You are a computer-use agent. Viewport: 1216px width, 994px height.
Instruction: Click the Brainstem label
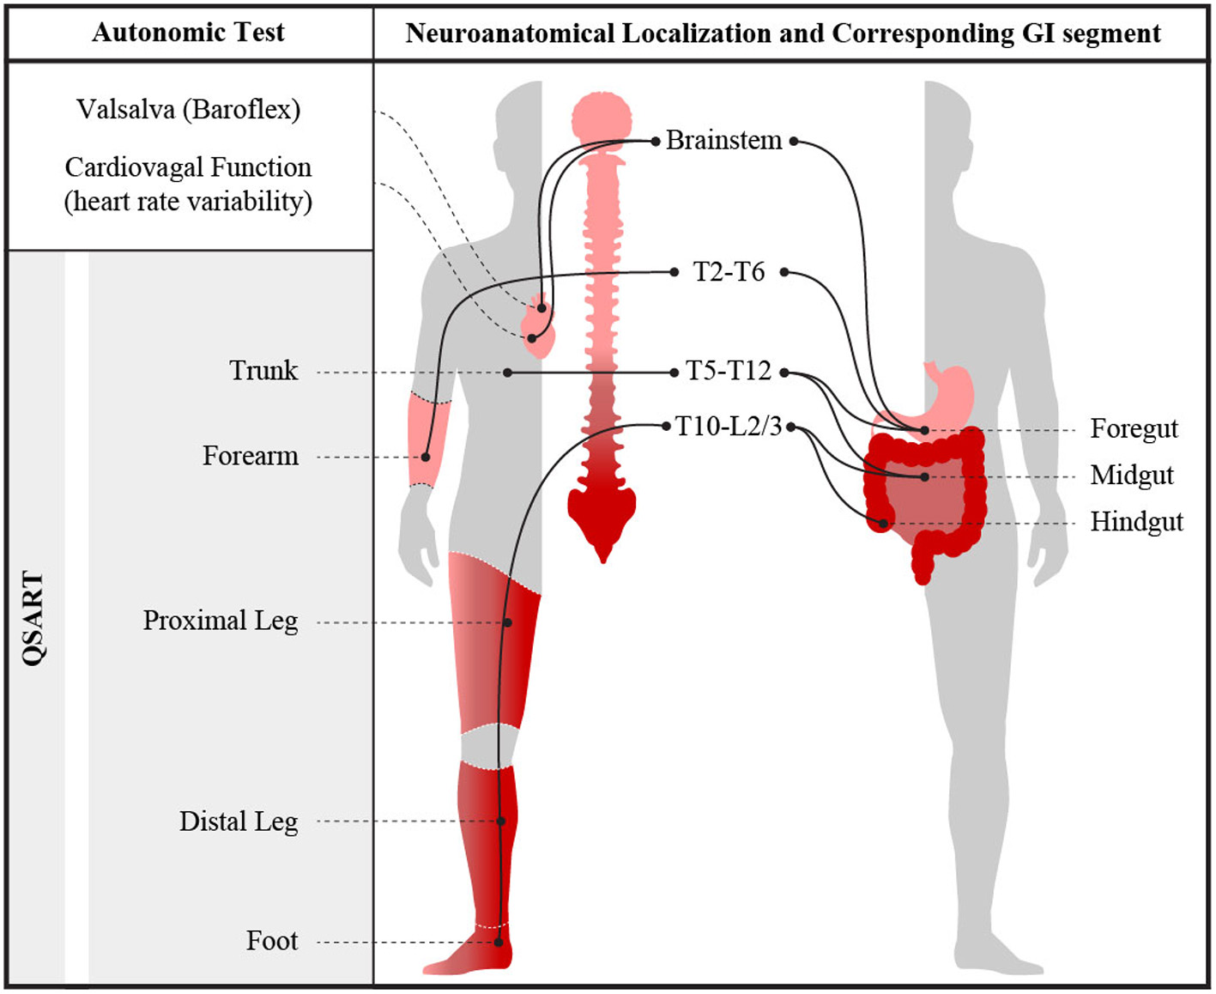pyautogui.click(x=723, y=140)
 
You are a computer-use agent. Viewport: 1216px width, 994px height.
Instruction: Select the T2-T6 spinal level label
pyautogui.click(x=729, y=272)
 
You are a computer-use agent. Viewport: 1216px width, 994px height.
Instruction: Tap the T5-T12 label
pyautogui.click(x=729, y=371)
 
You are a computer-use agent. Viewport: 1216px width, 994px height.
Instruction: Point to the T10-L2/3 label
pyautogui.click(x=729, y=426)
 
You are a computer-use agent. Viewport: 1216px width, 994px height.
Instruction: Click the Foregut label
pyautogui.click(x=1134, y=428)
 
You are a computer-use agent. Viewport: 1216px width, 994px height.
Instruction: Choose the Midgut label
pyautogui.click(x=1131, y=475)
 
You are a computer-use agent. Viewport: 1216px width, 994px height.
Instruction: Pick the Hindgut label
pyautogui.click(x=1136, y=521)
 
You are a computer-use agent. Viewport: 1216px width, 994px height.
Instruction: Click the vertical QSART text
pyautogui.click(x=33, y=618)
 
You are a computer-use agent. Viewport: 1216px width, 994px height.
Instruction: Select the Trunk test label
pyautogui.click(x=263, y=370)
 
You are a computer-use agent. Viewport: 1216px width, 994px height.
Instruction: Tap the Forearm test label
pyautogui.click(x=251, y=455)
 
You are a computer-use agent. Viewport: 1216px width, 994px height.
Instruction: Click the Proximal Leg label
pyautogui.click(x=221, y=620)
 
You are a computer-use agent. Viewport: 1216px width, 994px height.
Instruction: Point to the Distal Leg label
pyautogui.click(x=239, y=821)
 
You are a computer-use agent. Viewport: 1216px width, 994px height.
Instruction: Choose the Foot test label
pyautogui.click(x=272, y=941)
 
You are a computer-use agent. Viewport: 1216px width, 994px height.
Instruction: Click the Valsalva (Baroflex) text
pyautogui.click(x=188, y=109)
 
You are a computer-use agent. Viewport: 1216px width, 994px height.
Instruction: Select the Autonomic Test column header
pyautogui.click(x=188, y=33)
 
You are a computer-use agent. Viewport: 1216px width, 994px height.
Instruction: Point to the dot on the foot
pyautogui.click(x=499, y=942)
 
